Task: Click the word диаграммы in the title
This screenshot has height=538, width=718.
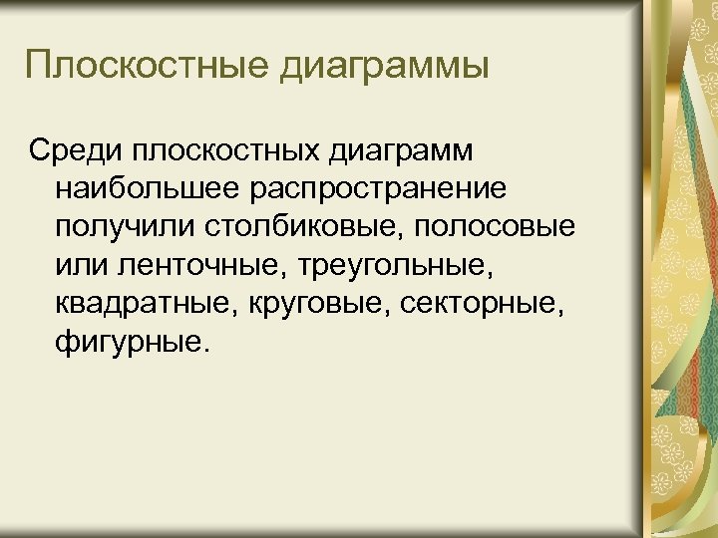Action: pos(387,68)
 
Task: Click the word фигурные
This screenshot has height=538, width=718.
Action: pos(129,342)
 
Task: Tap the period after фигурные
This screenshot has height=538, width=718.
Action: pos(207,349)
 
